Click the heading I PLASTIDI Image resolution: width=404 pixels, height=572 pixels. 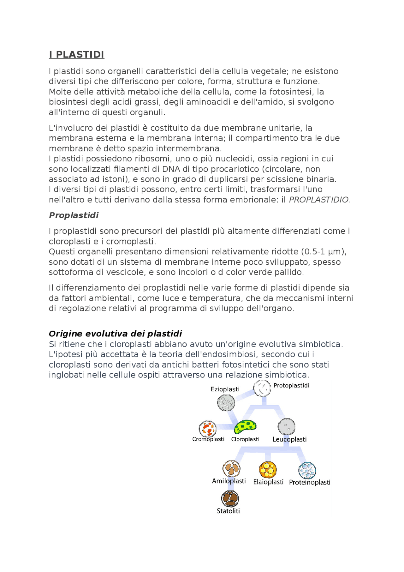[x=76, y=55]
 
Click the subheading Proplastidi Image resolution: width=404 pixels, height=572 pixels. [x=74, y=215]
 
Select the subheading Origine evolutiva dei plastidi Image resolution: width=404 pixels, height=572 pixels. [x=115, y=334]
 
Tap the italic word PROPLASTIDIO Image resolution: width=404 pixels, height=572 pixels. [x=319, y=200]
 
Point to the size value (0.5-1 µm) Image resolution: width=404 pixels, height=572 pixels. [x=324, y=252]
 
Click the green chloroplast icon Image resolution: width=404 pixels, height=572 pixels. [x=245, y=427]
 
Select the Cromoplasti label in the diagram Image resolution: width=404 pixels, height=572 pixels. [x=208, y=439]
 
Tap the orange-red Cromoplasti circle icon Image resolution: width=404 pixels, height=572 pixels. [x=208, y=429]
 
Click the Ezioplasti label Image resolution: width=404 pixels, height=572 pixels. [x=225, y=389]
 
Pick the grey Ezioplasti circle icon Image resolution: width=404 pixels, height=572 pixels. [x=226, y=403]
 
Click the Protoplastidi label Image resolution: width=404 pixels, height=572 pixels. [x=291, y=386]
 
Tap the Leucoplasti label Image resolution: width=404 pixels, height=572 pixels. [x=289, y=439]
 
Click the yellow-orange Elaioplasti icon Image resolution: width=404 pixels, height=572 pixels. [x=268, y=470]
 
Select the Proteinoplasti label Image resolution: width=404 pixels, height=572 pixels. [x=310, y=482]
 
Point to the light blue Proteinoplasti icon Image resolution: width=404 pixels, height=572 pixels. [x=307, y=471]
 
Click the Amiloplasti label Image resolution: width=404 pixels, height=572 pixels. [x=229, y=481]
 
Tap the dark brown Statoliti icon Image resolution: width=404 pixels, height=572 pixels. [x=230, y=499]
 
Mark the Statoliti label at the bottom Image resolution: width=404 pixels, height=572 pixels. [x=228, y=511]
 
